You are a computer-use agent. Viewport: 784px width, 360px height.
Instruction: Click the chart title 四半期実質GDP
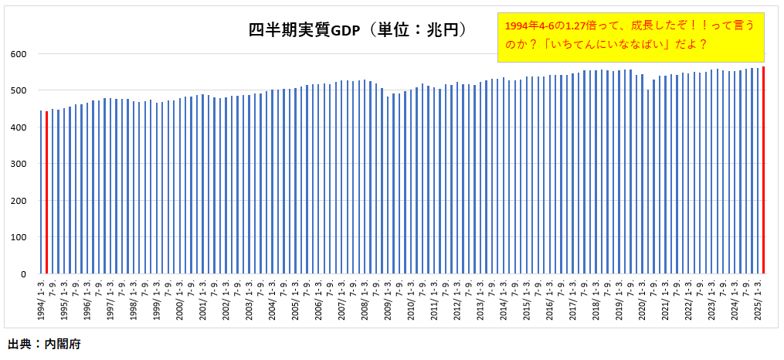pyautogui.click(x=358, y=30)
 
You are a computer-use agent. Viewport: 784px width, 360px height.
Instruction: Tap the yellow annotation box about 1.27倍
pyautogui.click(x=630, y=36)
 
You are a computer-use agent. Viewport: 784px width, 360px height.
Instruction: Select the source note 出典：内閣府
pyautogui.click(x=44, y=344)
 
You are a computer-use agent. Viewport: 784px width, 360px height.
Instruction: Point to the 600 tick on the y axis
pyautogui.click(x=19, y=53)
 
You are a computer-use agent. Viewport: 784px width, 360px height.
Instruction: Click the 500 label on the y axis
pyautogui.click(x=19, y=90)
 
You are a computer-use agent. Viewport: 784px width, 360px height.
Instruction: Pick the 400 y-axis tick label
pyautogui.click(x=19, y=127)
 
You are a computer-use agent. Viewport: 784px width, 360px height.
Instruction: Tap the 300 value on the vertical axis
pyautogui.click(x=19, y=164)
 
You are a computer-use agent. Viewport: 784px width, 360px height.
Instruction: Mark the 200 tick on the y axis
pyautogui.click(x=19, y=201)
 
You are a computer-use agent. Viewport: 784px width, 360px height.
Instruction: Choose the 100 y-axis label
pyautogui.click(x=19, y=237)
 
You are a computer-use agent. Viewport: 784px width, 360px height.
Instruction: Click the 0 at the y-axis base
pyautogui.click(x=24, y=274)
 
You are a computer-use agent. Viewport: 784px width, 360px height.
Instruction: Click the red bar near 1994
pyautogui.click(x=46, y=193)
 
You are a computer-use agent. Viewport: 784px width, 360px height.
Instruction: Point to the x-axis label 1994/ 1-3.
pyautogui.click(x=41, y=298)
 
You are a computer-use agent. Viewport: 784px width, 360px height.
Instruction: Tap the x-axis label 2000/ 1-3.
pyautogui.click(x=179, y=298)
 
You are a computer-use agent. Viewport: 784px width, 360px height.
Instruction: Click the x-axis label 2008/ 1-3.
pyautogui.click(x=364, y=298)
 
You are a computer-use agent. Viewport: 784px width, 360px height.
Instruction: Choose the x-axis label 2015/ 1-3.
pyautogui.click(x=526, y=298)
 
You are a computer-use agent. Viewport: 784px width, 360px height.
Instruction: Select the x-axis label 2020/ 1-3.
pyautogui.click(x=641, y=298)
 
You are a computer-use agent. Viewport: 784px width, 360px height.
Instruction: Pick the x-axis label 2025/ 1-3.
pyautogui.click(x=757, y=298)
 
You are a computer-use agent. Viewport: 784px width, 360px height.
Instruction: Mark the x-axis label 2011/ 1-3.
pyautogui.click(x=433, y=298)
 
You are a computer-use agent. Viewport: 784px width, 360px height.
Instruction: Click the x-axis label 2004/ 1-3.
pyautogui.click(x=272, y=298)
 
